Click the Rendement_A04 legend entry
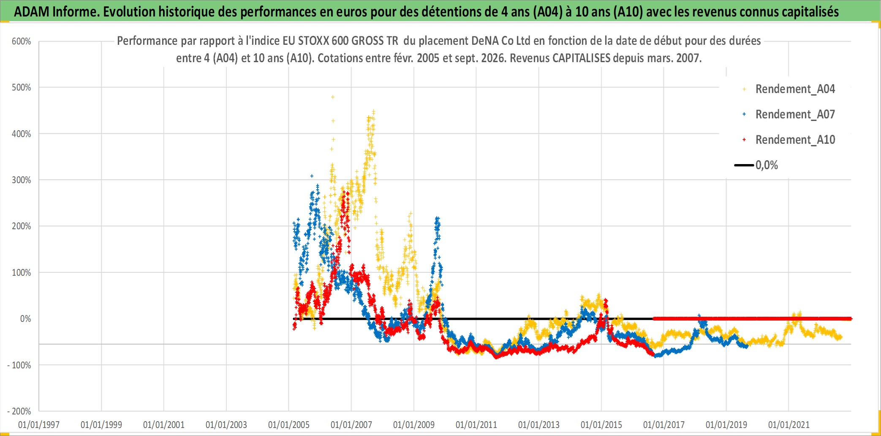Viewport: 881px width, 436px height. click(x=789, y=89)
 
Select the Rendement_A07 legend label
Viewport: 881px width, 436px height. click(x=795, y=114)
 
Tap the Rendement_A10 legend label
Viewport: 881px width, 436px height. click(x=795, y=140)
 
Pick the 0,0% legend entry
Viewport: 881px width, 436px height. click(x=756, y=165)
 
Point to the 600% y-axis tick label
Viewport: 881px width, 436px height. click(x=21, y=41)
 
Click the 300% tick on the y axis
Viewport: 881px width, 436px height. click(x=21, y=180)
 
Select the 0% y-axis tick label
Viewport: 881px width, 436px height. click(x=25, y=318)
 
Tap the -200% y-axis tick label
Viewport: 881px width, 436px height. click(x=19, y=411)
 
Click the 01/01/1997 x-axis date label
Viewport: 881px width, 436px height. click(x=39, y=425)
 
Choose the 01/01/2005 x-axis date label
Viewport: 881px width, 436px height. click(x=289, y=425)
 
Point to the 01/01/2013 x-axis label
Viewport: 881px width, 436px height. click(x=539, y=425)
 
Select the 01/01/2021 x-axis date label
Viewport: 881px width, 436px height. click(x=789, y=425)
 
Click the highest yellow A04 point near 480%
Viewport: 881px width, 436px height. click(x=333, y=97)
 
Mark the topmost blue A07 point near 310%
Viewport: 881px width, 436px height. click(x=312, y=176)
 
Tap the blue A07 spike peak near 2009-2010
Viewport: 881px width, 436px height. click(x=438, y=218)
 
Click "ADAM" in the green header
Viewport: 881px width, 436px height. click(x=32, y=11)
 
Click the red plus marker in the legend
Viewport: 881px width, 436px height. click(x=744, y=140)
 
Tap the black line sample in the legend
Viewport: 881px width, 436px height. click(x=744, y=165)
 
